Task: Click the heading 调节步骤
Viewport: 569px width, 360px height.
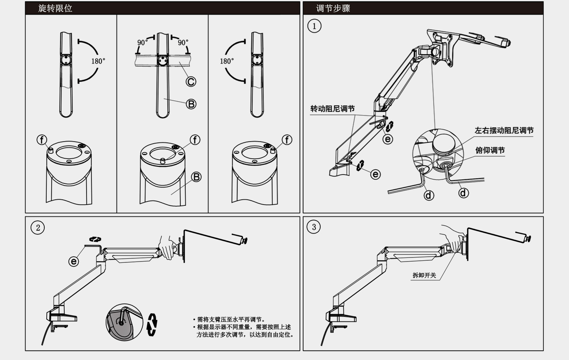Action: click(x=333, y=8)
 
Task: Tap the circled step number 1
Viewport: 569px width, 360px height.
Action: click(x=314, y=26)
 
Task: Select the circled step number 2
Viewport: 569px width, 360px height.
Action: click(x=38, y=227)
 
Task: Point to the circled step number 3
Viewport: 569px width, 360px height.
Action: click(x=313, y=227)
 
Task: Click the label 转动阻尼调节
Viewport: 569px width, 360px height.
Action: click(x=332, y=109)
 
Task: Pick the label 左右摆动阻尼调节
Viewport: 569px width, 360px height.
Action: click(x=504, y=131)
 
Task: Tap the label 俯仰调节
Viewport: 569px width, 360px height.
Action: click(x=490, y=151)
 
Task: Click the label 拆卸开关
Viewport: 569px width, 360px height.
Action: click(x=424, y=275)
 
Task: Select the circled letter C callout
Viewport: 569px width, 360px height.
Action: click(x=191, y=81)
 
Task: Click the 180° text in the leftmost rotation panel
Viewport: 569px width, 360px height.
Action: click(x=98, y=61)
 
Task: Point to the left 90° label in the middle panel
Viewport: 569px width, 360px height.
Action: click(x=142, y=42)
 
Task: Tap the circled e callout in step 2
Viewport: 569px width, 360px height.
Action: click(x=74, y=261)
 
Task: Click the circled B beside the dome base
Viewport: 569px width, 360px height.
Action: click(x=196, y=177)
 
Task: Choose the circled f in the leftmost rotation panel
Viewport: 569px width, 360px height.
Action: click(x=42, y=140)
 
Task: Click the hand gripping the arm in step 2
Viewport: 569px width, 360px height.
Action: click(x=167, y=248)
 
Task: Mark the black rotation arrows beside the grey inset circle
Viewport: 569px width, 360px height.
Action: click(x=152, y=324)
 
